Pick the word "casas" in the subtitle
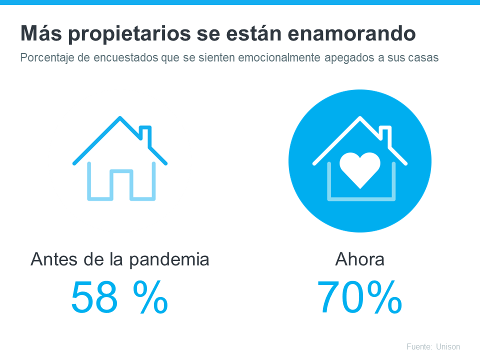(424, 58)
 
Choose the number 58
(94, 297)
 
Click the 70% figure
(360, 297)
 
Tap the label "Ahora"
(360, 260)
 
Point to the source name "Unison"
(448, 346)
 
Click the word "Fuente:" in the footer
(419, 346)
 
